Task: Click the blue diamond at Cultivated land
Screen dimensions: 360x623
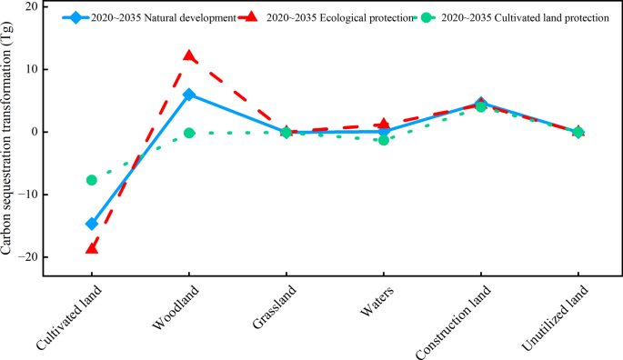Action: point(92,224)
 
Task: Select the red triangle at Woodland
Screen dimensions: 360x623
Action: point(189,56)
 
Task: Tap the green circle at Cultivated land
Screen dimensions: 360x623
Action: point(92,180)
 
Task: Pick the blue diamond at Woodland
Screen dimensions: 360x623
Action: point(189,95)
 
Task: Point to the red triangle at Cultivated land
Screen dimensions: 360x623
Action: point(92,247)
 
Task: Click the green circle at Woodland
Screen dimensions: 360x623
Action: point(189,133)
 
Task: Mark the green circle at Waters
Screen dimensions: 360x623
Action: point(384,140)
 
